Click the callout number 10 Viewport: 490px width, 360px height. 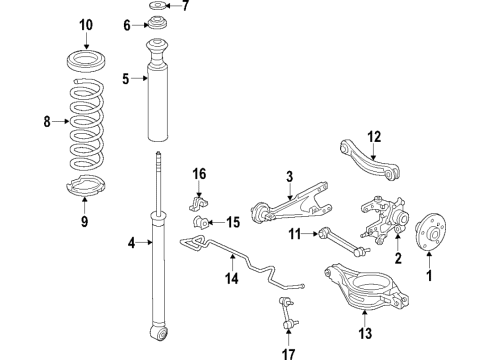[x=84, y=24]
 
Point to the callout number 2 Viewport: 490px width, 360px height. [x=398, y=260]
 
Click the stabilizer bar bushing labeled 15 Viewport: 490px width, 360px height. [x=206, y=221]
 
